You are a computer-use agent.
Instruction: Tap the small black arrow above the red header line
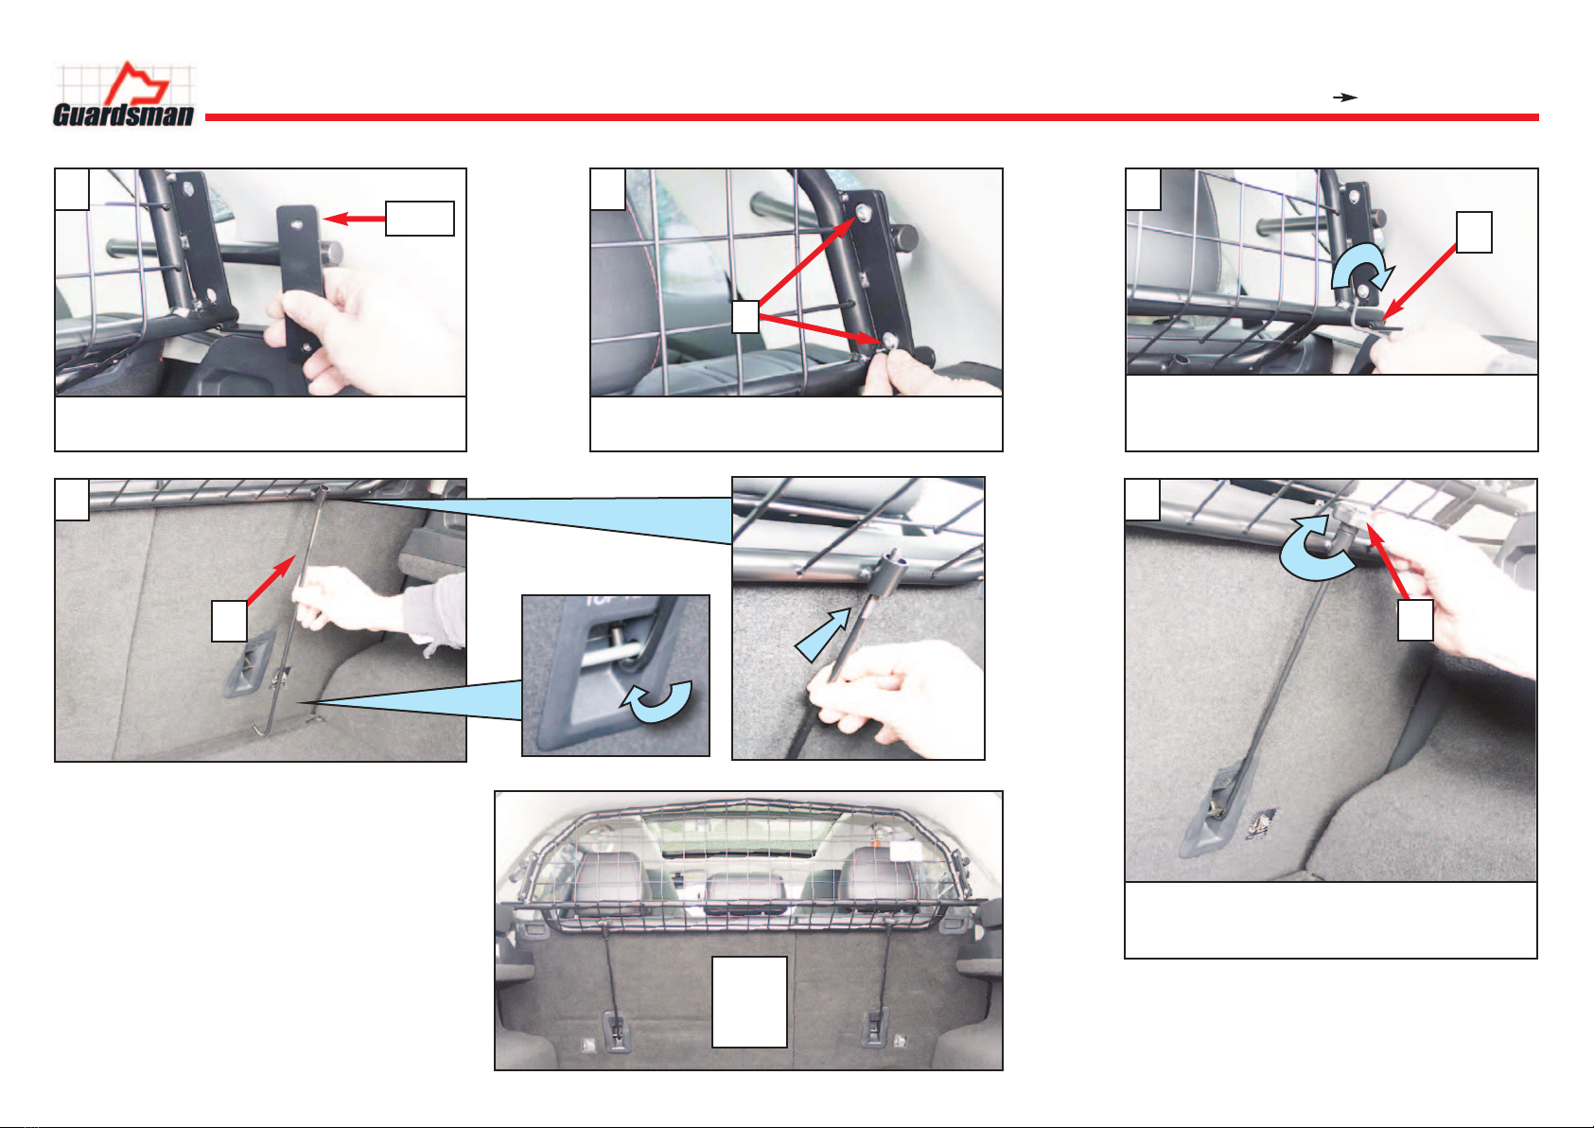1345,97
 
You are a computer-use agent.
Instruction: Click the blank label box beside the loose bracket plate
420,219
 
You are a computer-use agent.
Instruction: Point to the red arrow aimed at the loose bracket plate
354,219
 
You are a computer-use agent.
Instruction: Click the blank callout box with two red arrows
745,317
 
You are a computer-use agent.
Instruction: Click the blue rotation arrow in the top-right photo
1360,269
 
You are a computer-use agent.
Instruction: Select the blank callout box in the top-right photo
1474,232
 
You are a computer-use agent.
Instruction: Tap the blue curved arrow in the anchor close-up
657,702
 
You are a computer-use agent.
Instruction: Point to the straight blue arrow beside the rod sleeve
822,635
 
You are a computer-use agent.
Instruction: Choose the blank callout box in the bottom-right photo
1415,620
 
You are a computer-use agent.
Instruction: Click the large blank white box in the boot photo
749,1001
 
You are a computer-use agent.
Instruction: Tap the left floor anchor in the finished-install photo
616,1031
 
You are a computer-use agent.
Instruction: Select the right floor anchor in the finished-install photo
874,1028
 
